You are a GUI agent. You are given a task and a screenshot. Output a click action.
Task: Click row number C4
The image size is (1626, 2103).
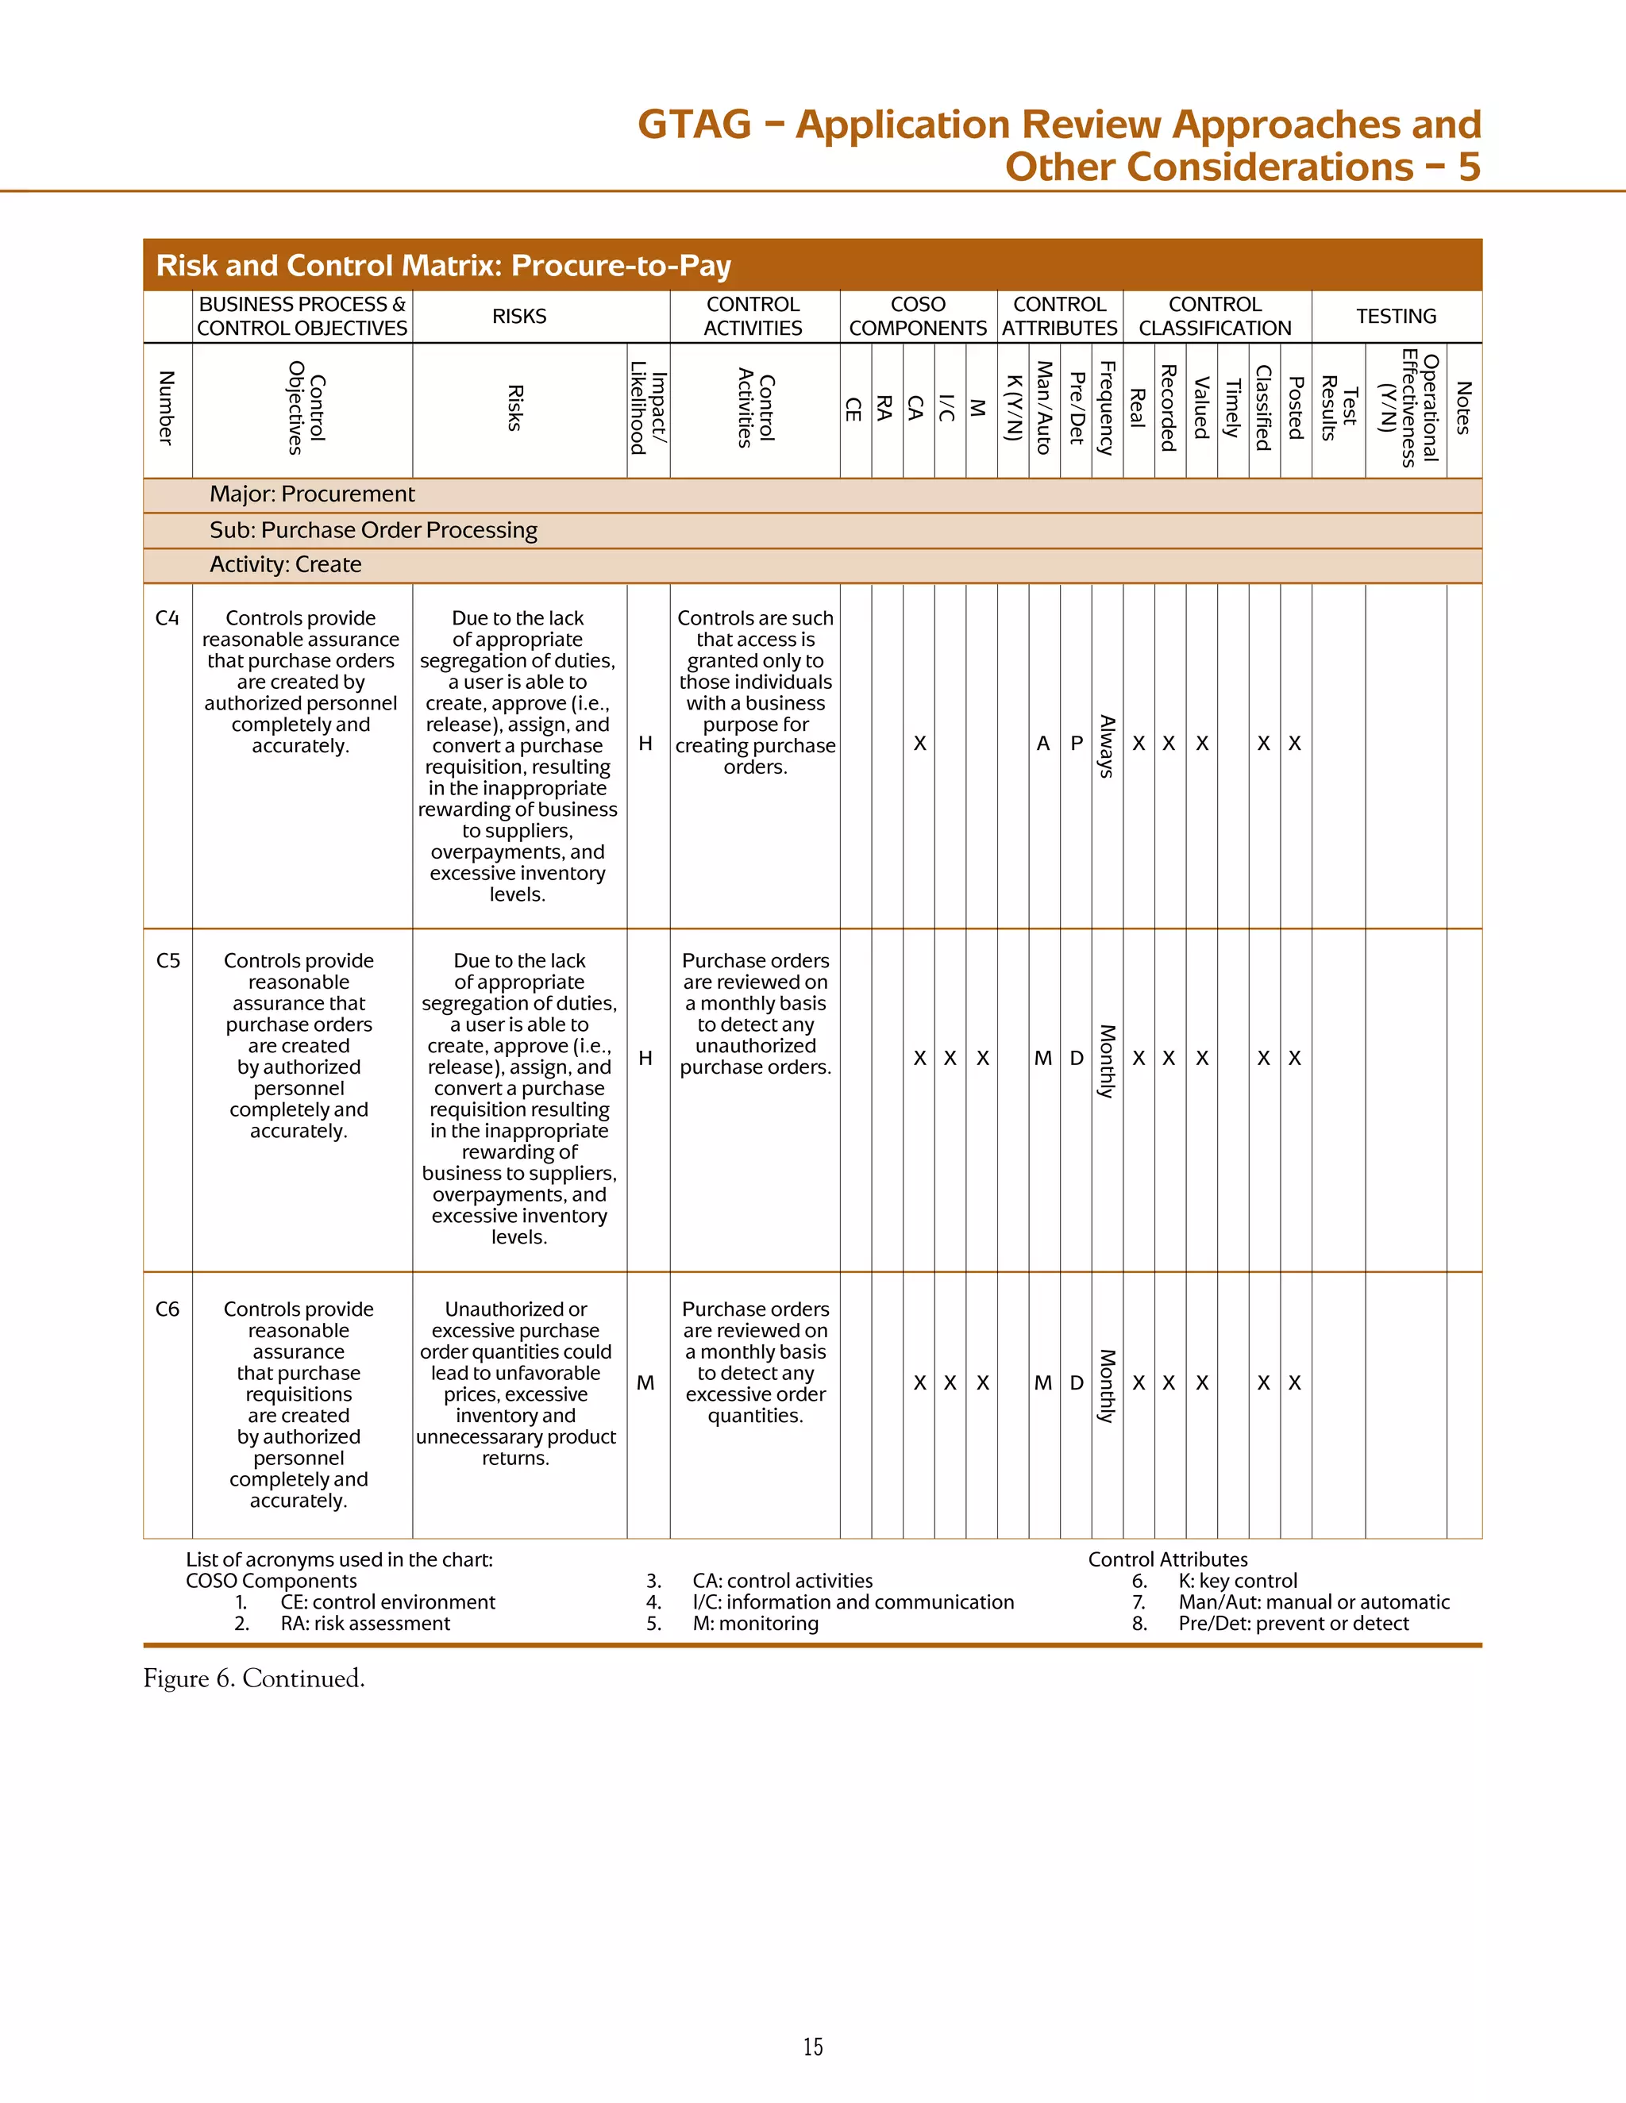[x=167, y=618]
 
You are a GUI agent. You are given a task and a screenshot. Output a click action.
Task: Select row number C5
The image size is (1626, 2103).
[x=168, y=961]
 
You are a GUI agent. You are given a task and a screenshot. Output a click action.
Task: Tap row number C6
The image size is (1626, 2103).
[x=167, y=1309]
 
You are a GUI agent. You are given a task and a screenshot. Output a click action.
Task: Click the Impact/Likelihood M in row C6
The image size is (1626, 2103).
[x=645, y=1382]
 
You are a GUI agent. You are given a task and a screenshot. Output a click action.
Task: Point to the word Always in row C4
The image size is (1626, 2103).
[x=1107, y=746]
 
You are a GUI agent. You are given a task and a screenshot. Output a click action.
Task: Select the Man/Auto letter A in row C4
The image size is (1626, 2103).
[x=1043, y=744]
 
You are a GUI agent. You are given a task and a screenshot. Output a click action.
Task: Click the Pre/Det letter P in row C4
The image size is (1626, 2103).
[x=1076, y=744]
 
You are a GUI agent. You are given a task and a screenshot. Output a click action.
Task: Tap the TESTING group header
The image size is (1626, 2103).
[x=1396, y=316]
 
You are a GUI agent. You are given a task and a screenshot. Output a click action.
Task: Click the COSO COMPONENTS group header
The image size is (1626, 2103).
[x=917, y=316]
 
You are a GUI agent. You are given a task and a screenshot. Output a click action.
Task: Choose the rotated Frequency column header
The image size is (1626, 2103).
[x=1107, y=408]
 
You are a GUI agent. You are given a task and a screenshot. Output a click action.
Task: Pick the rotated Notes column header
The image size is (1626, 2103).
[x=1463, y=408]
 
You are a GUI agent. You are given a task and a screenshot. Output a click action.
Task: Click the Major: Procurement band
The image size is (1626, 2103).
[x=312, y=494]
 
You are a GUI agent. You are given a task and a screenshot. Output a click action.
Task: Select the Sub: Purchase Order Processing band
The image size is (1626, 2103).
[x=374, y=531]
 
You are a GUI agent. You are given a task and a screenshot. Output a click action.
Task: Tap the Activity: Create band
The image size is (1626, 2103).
[x=285, y=565]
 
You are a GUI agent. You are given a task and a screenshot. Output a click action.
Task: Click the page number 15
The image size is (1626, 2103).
[x=813, y=2047]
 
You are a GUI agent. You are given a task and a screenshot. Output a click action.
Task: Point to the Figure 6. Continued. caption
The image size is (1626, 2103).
[x=254, y=1678]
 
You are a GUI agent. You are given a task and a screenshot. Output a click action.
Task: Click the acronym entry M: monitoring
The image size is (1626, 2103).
[x=755, y=1624]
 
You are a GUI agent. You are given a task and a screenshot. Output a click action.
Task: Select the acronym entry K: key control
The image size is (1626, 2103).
[x=1237, y=1580]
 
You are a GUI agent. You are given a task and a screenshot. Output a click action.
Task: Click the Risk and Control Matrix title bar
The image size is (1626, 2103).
[x=443, y=265]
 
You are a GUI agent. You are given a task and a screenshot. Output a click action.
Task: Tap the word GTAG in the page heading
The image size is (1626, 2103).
[x=694, y=125]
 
